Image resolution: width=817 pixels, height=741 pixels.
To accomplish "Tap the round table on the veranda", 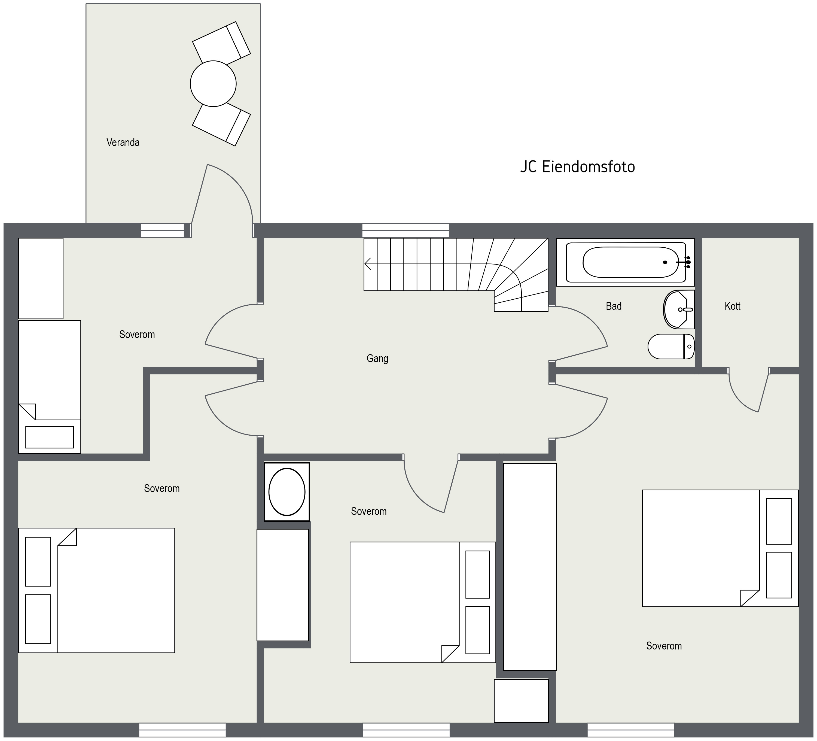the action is [213, 84].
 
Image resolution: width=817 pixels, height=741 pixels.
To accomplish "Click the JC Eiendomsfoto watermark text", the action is [578, 167].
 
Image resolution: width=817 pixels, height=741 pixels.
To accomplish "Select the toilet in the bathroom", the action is [671, 347].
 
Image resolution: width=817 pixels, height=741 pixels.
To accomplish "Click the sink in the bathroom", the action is [679, 309].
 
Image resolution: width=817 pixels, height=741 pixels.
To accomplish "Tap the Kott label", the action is [732, 306].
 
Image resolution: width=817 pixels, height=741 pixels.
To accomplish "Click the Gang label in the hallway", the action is [377, 358].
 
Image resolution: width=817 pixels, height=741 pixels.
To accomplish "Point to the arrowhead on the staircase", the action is [368, 264].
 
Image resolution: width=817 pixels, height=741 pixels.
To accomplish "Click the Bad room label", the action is [614, 306].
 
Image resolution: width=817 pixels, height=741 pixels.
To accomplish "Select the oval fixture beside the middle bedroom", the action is [287, 492].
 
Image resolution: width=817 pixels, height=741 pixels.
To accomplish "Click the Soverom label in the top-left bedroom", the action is [137, 335].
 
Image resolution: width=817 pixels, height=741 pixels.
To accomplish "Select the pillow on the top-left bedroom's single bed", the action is [50, 437].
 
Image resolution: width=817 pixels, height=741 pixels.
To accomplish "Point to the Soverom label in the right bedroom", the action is [664, 646].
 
